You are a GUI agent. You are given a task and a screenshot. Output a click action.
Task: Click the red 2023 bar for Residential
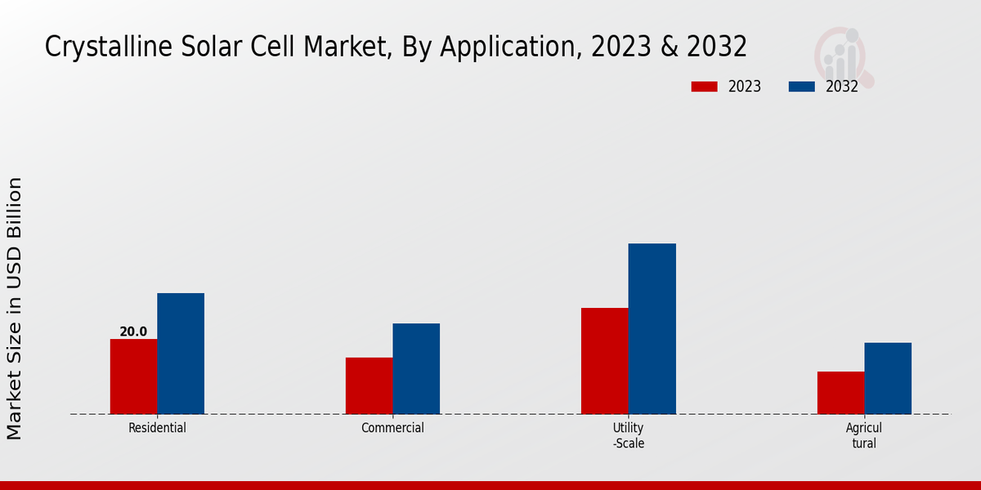pos(133,376)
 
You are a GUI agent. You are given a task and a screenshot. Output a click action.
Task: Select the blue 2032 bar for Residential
pos(181,354)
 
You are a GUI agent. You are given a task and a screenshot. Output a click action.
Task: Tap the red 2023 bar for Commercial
pos(369,385)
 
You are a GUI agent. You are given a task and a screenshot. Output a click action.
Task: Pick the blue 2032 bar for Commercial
pos(416,368)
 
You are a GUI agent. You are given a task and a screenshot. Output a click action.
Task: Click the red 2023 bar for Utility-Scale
pos(605,361)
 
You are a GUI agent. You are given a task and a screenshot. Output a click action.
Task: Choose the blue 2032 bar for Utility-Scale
pos(652,328)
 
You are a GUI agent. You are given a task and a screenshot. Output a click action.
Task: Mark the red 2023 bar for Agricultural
pos(840,393)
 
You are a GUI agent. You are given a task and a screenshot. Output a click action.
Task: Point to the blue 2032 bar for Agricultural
pos(888,378)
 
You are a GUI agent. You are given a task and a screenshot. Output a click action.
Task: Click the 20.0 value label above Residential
pos(133,332)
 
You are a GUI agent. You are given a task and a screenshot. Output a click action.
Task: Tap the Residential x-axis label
pos(157,428)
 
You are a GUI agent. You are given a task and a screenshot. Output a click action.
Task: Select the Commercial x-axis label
pos(392,428)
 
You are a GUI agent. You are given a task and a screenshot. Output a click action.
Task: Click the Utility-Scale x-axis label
pos(629,435)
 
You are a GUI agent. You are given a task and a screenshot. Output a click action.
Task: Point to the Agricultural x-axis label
pos(864,435)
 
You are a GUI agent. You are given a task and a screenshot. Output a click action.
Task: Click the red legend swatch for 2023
pos(704,87)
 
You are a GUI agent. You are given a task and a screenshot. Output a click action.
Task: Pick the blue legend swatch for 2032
pos(802,87)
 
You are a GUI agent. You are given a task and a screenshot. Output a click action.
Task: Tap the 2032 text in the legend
pos(842,87)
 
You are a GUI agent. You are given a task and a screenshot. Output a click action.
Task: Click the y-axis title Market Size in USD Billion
pos(16,309)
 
